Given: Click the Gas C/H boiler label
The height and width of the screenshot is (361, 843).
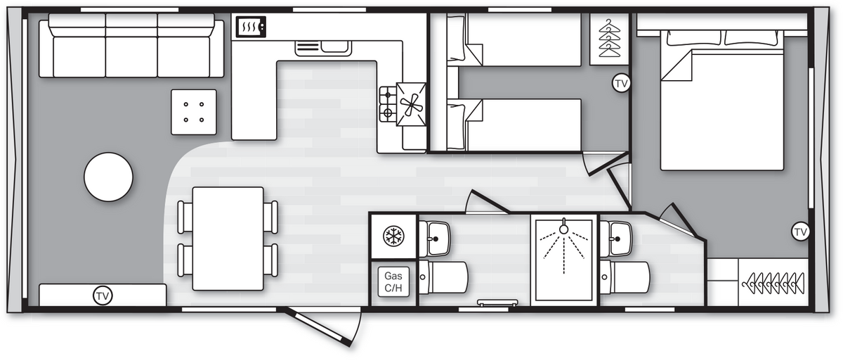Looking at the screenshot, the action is pos(393,282).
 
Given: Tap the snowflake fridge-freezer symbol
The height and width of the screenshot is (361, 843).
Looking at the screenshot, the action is pos(393,236).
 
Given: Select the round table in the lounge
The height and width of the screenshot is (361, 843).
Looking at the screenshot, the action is pos(108,177).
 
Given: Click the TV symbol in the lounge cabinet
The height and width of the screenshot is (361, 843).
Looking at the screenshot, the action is pos(103,296).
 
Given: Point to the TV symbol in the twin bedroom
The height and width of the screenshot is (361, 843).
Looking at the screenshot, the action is pos(621,83).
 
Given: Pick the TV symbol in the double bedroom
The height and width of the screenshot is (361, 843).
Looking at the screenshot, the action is pos(800,232).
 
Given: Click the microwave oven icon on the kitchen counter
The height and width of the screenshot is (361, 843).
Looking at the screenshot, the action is pos(251,27).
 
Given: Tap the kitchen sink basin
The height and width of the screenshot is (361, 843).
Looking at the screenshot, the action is pos(334,46).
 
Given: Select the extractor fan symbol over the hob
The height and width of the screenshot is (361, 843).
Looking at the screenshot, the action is pos(412,104).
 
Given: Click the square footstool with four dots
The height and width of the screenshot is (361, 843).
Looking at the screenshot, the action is pos(194,112).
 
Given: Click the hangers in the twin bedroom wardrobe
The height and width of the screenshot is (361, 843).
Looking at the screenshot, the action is pos(609,38).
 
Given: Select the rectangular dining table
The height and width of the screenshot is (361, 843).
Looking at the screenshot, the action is pos(228,239).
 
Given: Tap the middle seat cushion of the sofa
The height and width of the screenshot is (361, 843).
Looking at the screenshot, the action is pos(131,57).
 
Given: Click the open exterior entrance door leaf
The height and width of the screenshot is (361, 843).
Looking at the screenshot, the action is pos(318,327).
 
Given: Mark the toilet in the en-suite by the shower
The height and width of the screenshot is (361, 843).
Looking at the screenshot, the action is pos(625,277).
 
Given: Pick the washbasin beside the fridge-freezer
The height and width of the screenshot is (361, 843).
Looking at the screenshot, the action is pos(435,238).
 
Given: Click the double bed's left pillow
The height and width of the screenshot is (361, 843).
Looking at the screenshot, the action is pos(693,38).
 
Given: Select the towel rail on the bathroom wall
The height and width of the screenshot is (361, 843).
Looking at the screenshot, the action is pos(497,303).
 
